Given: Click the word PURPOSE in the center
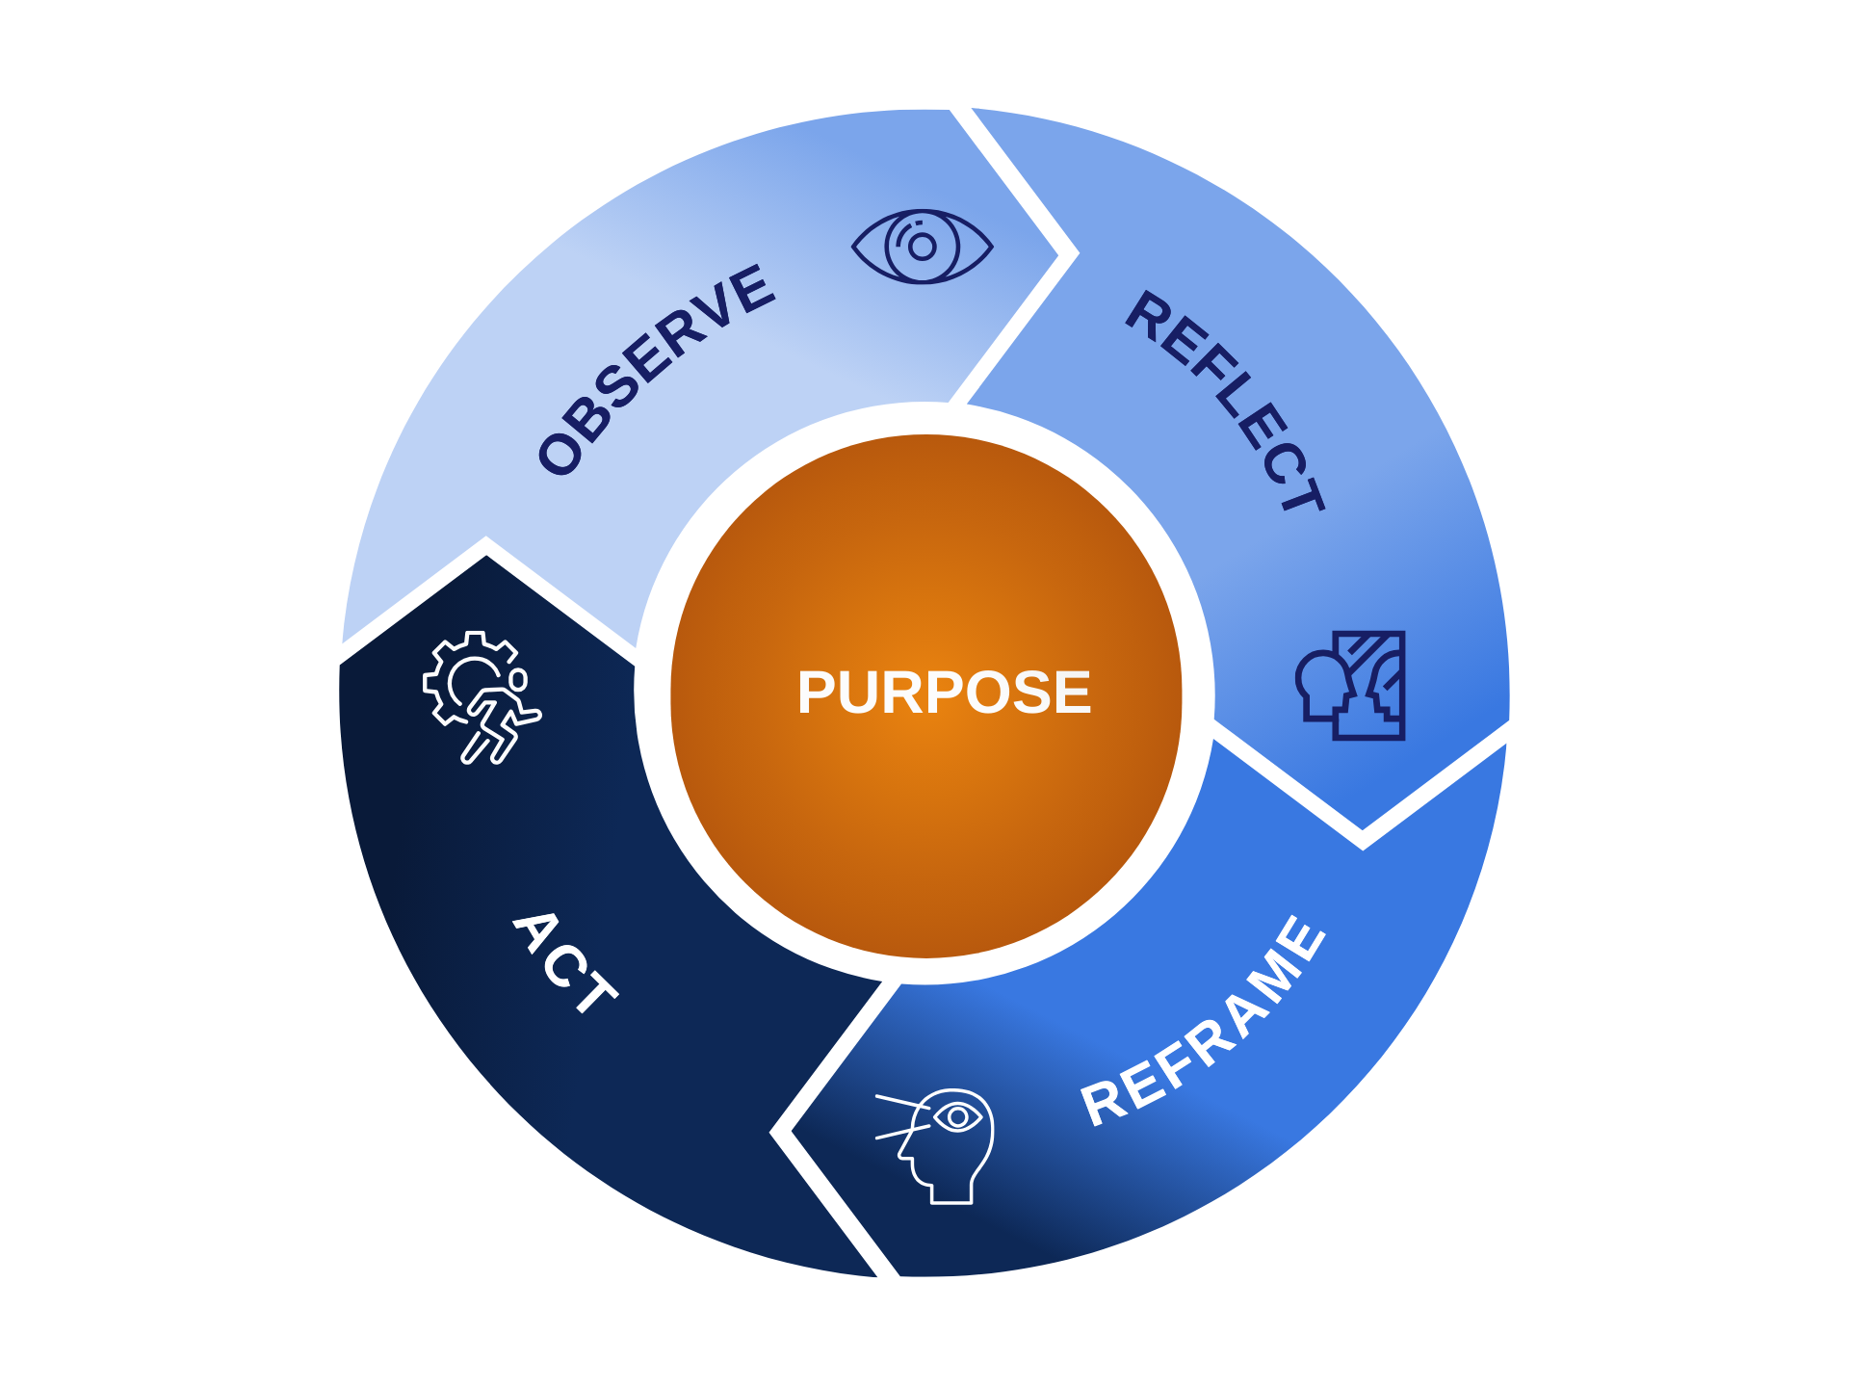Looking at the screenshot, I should point(944,693).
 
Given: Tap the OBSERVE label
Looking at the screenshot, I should point(656,370).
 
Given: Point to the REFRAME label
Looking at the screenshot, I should point(1204,1021).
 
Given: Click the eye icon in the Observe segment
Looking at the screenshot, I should point(922,247).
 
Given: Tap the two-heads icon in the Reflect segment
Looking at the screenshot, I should point(1351,686).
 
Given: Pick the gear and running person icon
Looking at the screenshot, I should point(482,696).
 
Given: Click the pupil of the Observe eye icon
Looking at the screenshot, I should point(923,248).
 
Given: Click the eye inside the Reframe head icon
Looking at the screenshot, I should point(957,1117).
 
